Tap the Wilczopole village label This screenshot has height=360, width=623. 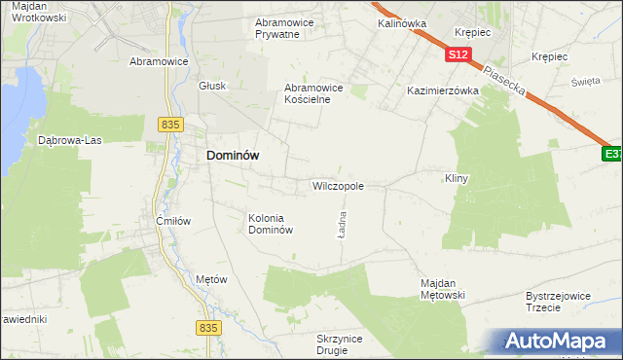tap(338, 185)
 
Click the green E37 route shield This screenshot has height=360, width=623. tap(611, 154)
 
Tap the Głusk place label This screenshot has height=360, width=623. tap(212, 86)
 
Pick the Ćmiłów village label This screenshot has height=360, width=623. tap(172, 221)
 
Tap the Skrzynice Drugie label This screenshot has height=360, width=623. tap(340, 344)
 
